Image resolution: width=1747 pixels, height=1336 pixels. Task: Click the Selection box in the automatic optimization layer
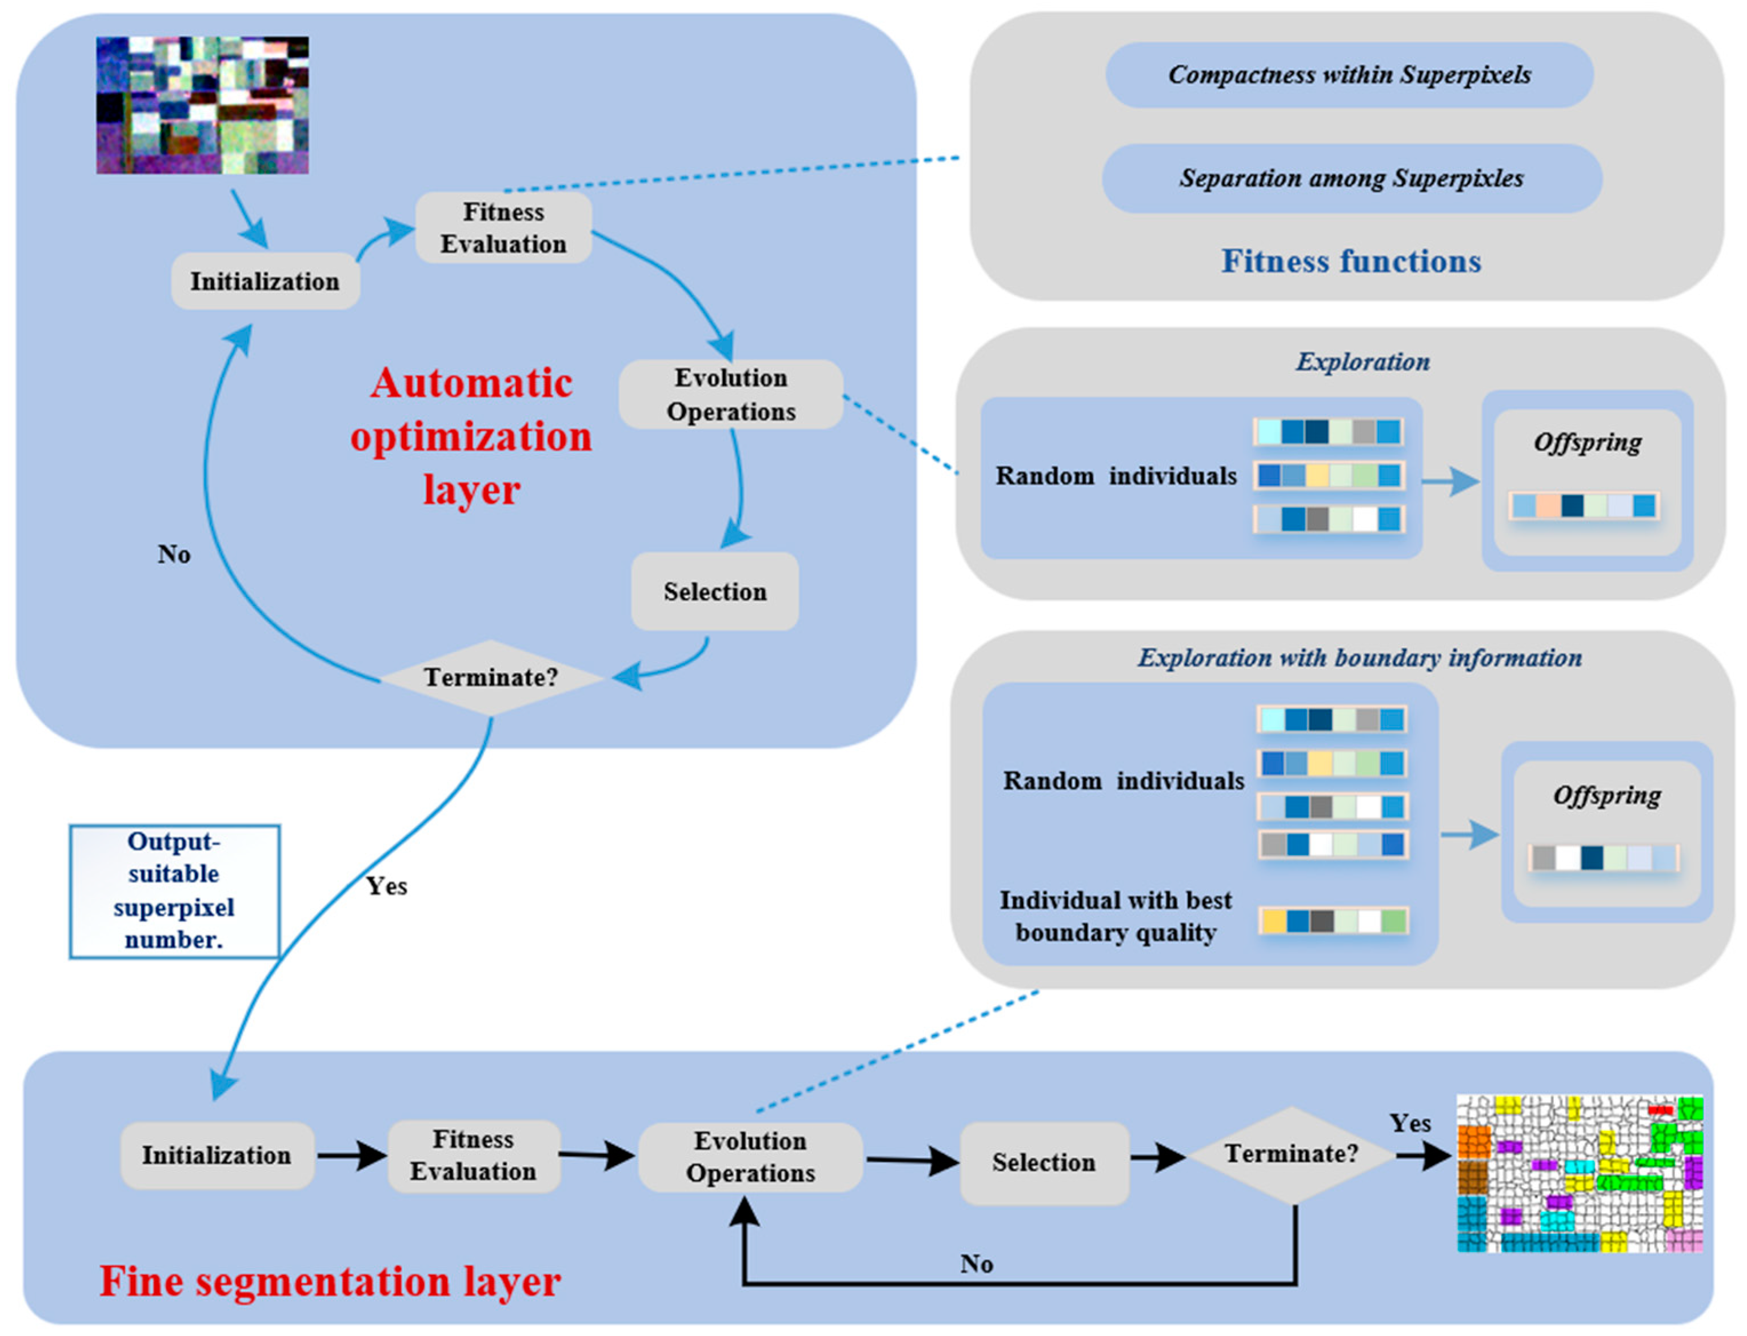[x=714, y=592]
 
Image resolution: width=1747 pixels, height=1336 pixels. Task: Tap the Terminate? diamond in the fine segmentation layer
[x=1290, y=1154]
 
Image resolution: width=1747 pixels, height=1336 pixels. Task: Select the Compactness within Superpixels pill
[x=1349, y=75]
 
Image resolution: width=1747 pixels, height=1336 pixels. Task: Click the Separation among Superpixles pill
[x=1351, y=178]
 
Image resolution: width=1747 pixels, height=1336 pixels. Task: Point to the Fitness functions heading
[x=1351, y=262]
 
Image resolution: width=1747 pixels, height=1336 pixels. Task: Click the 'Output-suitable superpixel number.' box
[x=174, y=890]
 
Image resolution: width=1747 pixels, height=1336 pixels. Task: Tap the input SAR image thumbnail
[x=202, y=105]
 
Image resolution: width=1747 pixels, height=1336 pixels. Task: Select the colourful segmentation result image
[x=1579, y=1173]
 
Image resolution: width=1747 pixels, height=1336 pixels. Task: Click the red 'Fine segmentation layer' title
[x=330, y=1281]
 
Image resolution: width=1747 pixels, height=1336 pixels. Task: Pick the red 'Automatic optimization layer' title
[x=471, y=436]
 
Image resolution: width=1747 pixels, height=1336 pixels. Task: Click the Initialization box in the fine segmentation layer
[x=217, y=1155]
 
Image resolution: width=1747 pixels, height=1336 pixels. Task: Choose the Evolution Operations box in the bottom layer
[x=750, y=1157]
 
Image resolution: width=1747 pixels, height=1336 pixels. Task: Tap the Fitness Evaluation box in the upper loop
[x=503, y=228]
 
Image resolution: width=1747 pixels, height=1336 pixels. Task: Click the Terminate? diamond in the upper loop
[x=491, y=677]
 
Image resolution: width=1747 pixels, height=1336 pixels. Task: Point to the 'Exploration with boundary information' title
[x=1359, y=657]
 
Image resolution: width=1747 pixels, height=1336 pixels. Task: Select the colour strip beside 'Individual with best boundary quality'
[x=1333, y=921]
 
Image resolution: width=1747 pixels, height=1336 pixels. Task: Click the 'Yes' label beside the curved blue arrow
[x=387, y=886]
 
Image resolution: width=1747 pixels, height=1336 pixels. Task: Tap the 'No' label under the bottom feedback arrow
[x=976, y=1263]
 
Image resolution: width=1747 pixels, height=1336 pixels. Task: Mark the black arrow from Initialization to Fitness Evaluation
[x=351, y=1155]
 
